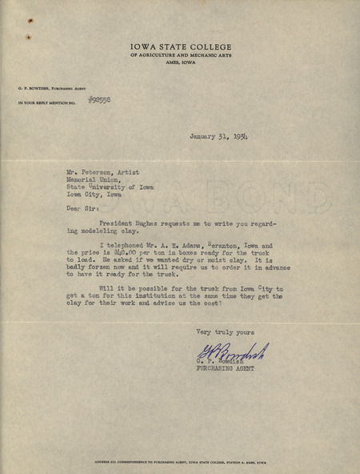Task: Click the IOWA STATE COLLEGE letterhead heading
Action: click(178, 47)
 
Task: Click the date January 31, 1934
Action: click(218, 137)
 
